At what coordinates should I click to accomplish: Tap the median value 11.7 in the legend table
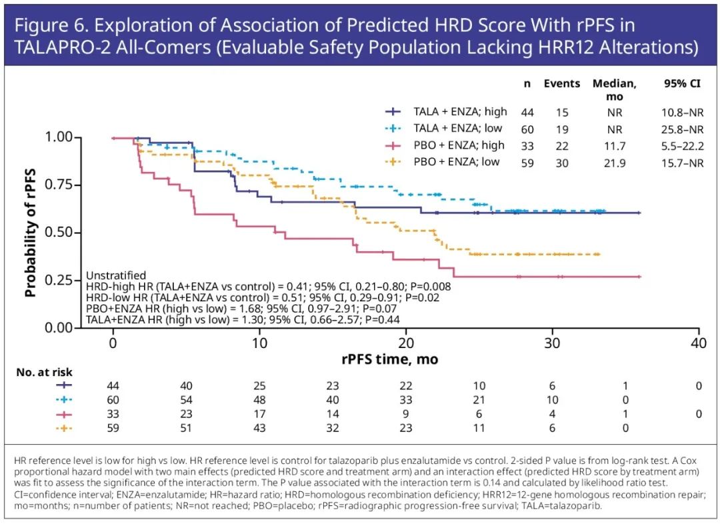click(x=614, y=146)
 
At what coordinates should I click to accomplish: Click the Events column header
click(x=562, y=84)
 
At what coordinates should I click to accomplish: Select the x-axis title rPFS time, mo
click(x=390, y=359)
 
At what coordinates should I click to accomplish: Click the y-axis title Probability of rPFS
click(x=30, y=232)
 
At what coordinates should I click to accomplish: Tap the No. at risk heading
click(x=44, y=372)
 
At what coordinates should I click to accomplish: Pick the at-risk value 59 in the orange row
click(x=113, y=428)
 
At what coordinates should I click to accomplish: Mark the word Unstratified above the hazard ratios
click(x=116, y=275)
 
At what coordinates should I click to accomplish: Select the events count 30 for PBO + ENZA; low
click(x=562, y=163)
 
